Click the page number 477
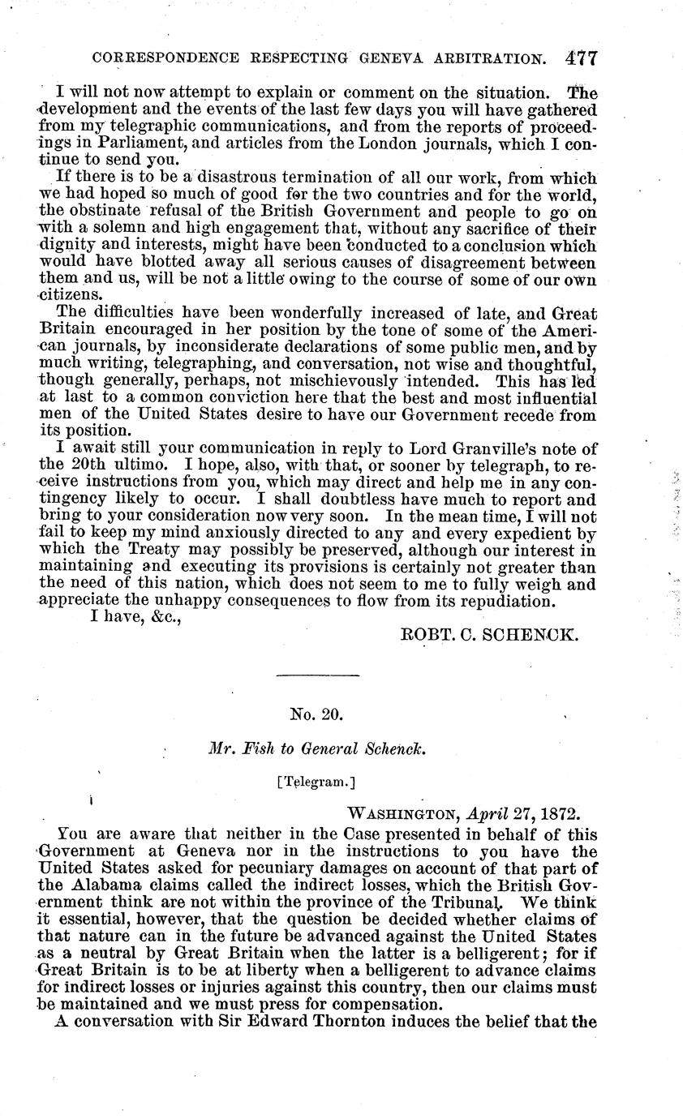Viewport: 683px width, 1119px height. (582, 58)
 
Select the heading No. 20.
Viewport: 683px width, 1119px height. (317, 714)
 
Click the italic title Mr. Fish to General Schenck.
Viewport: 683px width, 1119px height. (317, 750)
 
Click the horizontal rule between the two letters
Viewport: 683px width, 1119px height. (317, 675)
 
